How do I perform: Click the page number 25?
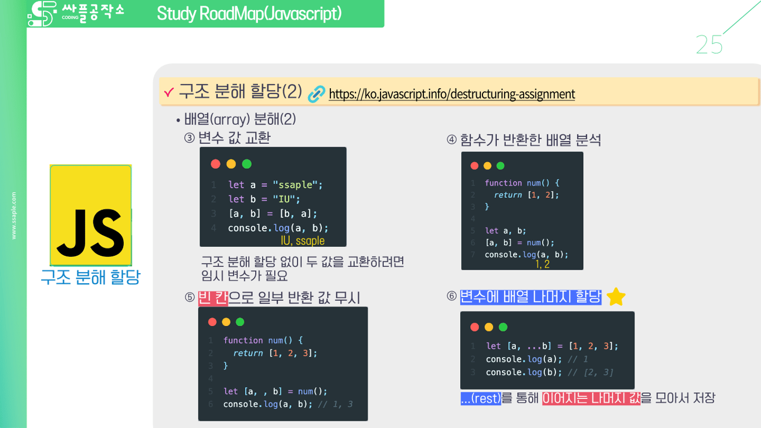(709, 45)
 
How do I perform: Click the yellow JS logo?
(91, 215)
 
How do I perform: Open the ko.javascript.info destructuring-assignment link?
(452, 94)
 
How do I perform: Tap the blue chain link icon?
(316, 94)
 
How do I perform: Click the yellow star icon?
(616, 296)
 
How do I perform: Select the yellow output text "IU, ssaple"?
(303, 241)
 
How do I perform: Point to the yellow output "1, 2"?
(542, 264)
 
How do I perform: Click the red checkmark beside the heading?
(169, 92)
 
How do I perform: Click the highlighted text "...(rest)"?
(481, 398)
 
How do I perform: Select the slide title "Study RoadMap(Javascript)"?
(249, 13)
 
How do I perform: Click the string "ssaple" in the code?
(297, 184)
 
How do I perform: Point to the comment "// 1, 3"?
(335, 404)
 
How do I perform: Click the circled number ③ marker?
(189, 138)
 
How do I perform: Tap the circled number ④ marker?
(452, 140)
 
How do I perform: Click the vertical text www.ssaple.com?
(14, 216)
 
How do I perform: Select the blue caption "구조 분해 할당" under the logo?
(90, 277)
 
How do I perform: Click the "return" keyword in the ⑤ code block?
(248, 353)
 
